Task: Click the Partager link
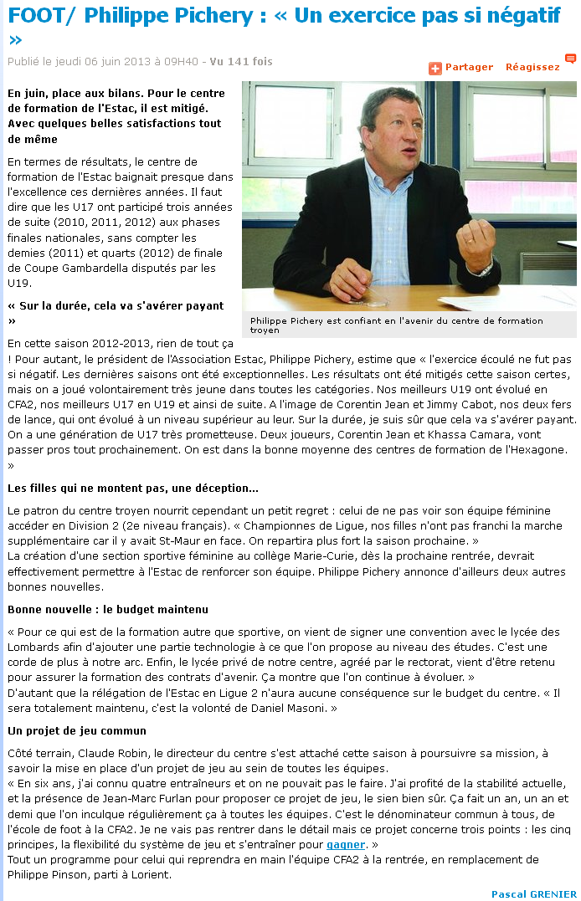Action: pos(469,67)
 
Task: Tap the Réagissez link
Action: pos(532,67)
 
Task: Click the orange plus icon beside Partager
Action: pos(435,68)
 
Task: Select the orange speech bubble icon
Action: pos(570,59)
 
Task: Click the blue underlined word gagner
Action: pos(346,845)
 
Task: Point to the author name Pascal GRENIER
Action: pos(533,894)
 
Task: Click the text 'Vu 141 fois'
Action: pos(241,61)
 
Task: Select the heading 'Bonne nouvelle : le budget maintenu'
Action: pos(108,609)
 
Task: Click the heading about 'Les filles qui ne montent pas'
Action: pos(133,488)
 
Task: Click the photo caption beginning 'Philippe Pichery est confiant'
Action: pos(396,325)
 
